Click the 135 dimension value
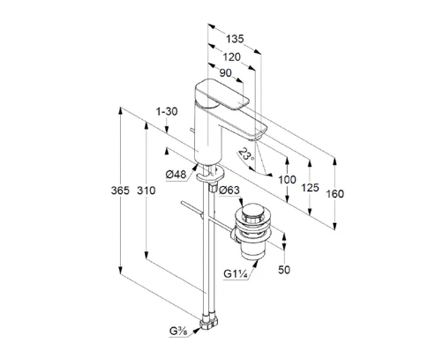(x=235, y=39)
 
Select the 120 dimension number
(x=232, y=57)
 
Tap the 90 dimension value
(x=226, y=73)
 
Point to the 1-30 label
(x=167, y=111)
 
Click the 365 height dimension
(x=120, y=190)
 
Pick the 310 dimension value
(x=147, y=190)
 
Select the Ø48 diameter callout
(x=176, y=174)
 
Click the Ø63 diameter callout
(x=229, y=190)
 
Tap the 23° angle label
(x=246, y=154)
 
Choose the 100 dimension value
(x=287, y=180)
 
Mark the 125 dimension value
(x=310, y=188)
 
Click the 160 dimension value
(x=335, y=194)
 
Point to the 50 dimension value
(x=284, y=270)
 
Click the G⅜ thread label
(x=178, y=331)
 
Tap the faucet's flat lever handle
(x=222, y=94)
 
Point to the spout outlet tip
(x=255, y=138)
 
